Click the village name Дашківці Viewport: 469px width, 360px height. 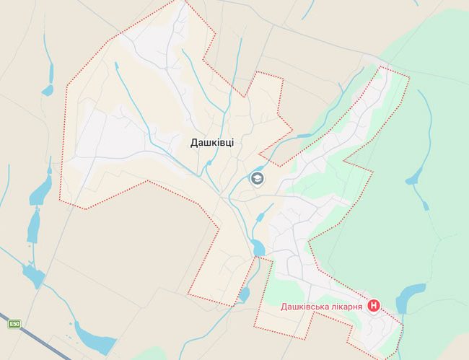click(212, 143)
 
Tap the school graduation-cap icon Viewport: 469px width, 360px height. click(257, 178)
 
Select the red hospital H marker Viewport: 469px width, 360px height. click(374, 306)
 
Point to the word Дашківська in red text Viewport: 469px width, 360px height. click(302, 307)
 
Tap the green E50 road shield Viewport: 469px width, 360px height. click(14, 324)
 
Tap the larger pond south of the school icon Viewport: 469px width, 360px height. click(258, 249)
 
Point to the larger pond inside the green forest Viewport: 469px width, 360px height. click(416, 175)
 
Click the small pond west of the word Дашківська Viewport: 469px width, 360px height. click(244, 294)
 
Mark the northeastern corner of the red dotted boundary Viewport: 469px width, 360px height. click(409, 76)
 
